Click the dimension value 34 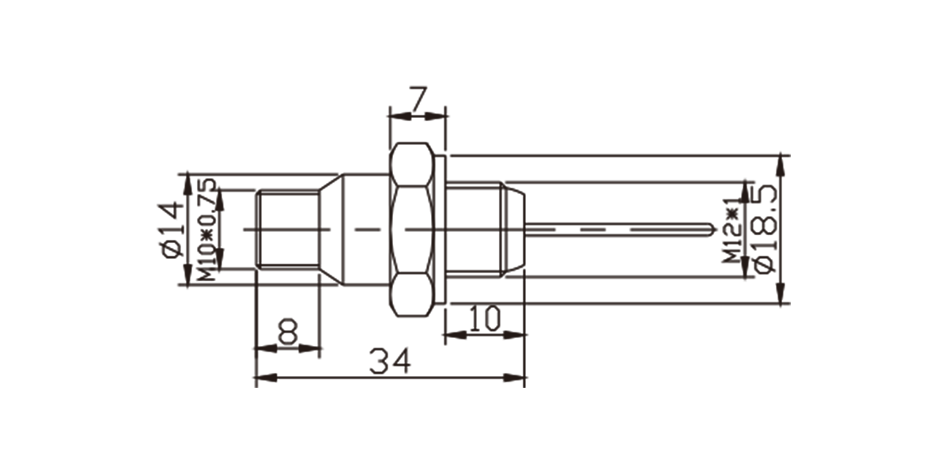coord(390,361)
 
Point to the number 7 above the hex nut coord(418,100)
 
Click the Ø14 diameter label coord(173,230)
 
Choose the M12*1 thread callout coord(732,230)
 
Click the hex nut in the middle coord(412,230)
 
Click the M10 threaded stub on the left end coord(289,230)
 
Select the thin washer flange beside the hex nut coord(440,230)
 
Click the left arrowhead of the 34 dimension coord(266,378)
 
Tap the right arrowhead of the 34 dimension coord(514,378)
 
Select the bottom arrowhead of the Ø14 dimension coord(187,275)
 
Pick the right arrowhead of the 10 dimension coord(514,335)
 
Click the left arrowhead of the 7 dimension coord(400,116)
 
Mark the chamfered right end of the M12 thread coord(513,230)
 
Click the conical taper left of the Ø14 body coord(331,230)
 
